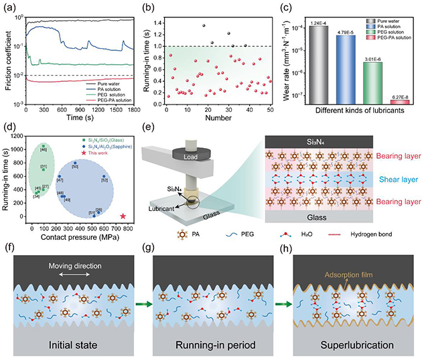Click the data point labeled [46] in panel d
tap(43, 146)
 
